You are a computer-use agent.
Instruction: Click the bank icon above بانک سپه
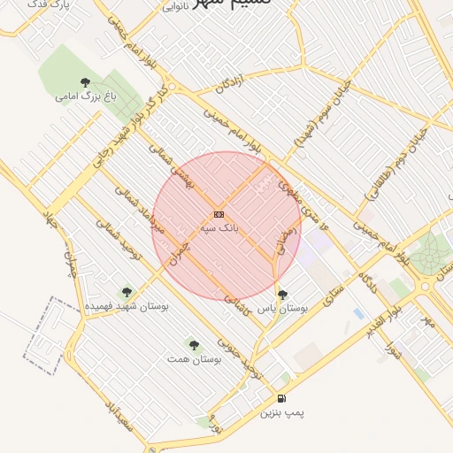pyautogui.click(x=219, y=214)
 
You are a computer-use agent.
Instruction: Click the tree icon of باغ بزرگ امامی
pyautogui.click(x=85, y=82)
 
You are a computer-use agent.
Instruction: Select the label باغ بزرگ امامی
pyautogui.click(x=85, y=96)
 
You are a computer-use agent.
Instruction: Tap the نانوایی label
pyautogui.click(x=176, y=7)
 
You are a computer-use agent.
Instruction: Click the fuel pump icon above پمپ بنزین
pyautogui.click(x=281, y=399)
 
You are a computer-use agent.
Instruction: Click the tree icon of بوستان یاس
pyautogui.click(x=282, y=295)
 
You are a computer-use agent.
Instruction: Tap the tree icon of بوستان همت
pyautogui.click(x=194, y=343)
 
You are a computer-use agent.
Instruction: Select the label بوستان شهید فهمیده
pyautogui.click(x=127, y=305)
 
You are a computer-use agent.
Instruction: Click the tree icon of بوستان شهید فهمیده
pyautogui.click(x=127, y=291)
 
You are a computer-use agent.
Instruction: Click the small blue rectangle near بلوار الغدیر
pyautogui.click(x=357, y=313)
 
